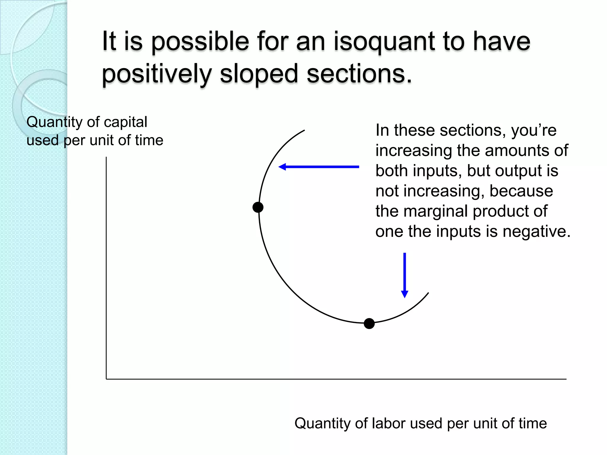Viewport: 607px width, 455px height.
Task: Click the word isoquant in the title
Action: click(384, 42)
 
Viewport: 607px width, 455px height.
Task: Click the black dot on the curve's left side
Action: click(258, 207)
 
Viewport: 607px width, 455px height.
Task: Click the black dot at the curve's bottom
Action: click(369, 323)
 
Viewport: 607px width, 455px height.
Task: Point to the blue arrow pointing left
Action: click(319, 167)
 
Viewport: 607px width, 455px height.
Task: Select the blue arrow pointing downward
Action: click(405, 275)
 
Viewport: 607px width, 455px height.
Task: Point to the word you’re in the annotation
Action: click(533, 130)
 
